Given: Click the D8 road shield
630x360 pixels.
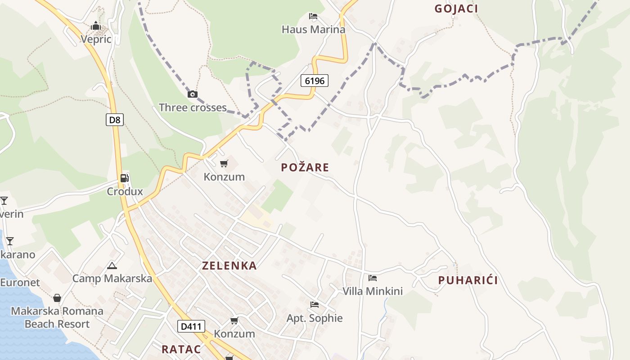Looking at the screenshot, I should [x=115, y=120].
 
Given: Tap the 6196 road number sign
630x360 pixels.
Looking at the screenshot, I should [x=314, y=81].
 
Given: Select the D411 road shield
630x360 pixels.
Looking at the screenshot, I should [x=191, y=326].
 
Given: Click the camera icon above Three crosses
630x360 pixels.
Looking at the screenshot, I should [x=193, y=94].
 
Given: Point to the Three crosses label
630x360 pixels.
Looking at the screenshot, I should [x=193, y=108].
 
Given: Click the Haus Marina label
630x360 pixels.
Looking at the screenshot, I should [x=313, y=30].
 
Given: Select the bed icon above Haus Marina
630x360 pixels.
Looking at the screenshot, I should [x=313, y=17].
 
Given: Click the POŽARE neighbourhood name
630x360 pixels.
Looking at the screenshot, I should [x=305, y=168].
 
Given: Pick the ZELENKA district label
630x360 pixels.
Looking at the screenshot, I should [x=229, y=266].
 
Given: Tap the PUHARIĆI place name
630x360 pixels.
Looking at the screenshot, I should [x=468, y=281].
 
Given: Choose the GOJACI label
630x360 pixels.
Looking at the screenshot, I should [x=456, y=9].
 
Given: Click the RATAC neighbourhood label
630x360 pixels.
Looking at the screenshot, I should [x=181, y=349].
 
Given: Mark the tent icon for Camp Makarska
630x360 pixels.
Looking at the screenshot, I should [x=112, y=265].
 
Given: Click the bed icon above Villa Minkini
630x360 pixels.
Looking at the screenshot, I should [x=373, y=278].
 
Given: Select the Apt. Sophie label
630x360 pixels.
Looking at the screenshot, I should [x=315, y=319].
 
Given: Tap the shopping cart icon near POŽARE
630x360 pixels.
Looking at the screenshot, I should [x=224, y=164].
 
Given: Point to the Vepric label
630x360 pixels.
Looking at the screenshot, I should [x=96, y=40].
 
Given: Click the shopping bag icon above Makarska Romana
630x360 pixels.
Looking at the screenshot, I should [x=57, y=298].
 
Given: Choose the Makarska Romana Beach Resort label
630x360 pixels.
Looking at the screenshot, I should [x=57, y=318].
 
